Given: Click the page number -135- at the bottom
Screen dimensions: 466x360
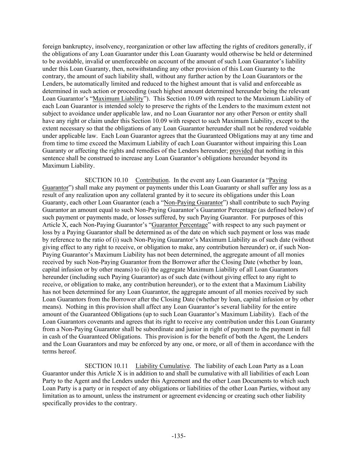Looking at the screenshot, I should (x=178, y=436).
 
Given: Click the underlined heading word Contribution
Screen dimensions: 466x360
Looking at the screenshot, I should (x=152, y=180).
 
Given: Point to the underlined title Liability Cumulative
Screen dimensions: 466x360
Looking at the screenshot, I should (x=162, y=366).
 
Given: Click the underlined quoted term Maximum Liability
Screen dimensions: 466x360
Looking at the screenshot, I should (x=118, y=99).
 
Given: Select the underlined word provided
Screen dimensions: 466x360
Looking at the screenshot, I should (x=241, y=151).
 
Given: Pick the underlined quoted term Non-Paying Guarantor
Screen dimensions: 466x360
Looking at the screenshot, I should (x=193, y=202).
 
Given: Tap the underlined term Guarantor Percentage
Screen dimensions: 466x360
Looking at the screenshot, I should (x=179, y=225).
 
